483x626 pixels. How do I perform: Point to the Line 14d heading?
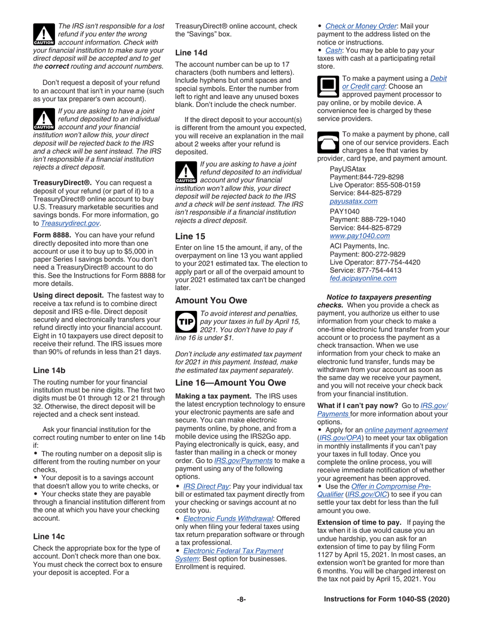click(x=191, y=52)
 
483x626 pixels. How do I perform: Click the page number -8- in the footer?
click(x=242, y=599)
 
